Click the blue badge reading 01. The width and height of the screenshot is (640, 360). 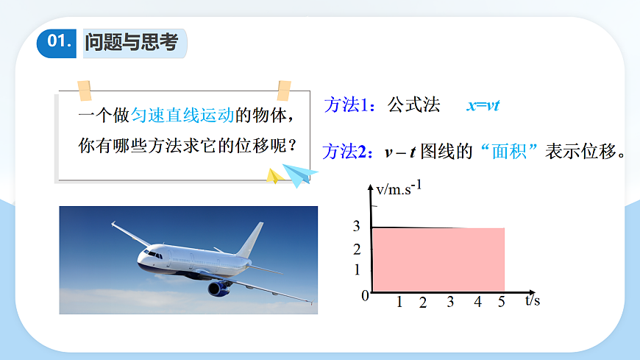[57, 43]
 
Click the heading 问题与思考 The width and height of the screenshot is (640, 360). [132, 43]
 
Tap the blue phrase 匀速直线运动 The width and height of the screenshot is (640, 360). [182, 116]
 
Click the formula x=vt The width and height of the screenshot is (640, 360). [483, 105]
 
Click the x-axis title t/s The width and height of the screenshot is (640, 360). [533, 300]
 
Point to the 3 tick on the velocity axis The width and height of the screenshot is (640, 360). [357, 227]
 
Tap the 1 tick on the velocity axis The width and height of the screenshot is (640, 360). [358, 270]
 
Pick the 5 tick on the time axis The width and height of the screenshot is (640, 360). [502, 302]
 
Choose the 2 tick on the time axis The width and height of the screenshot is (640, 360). [423, 303]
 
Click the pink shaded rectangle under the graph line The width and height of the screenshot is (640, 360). [438, 259]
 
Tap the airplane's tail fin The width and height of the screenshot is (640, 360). [252, 239]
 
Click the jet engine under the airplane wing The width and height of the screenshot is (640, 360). [219, 288]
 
